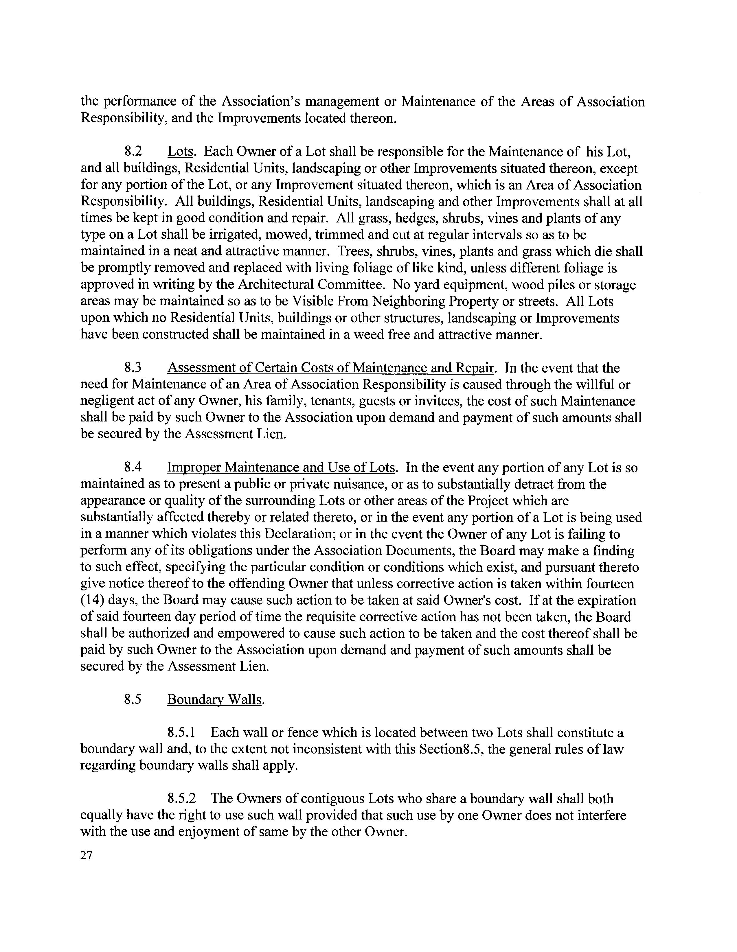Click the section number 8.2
click(133, 152)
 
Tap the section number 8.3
click(133, 368)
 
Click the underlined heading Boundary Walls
click(215, 700)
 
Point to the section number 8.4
click(133, 468)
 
